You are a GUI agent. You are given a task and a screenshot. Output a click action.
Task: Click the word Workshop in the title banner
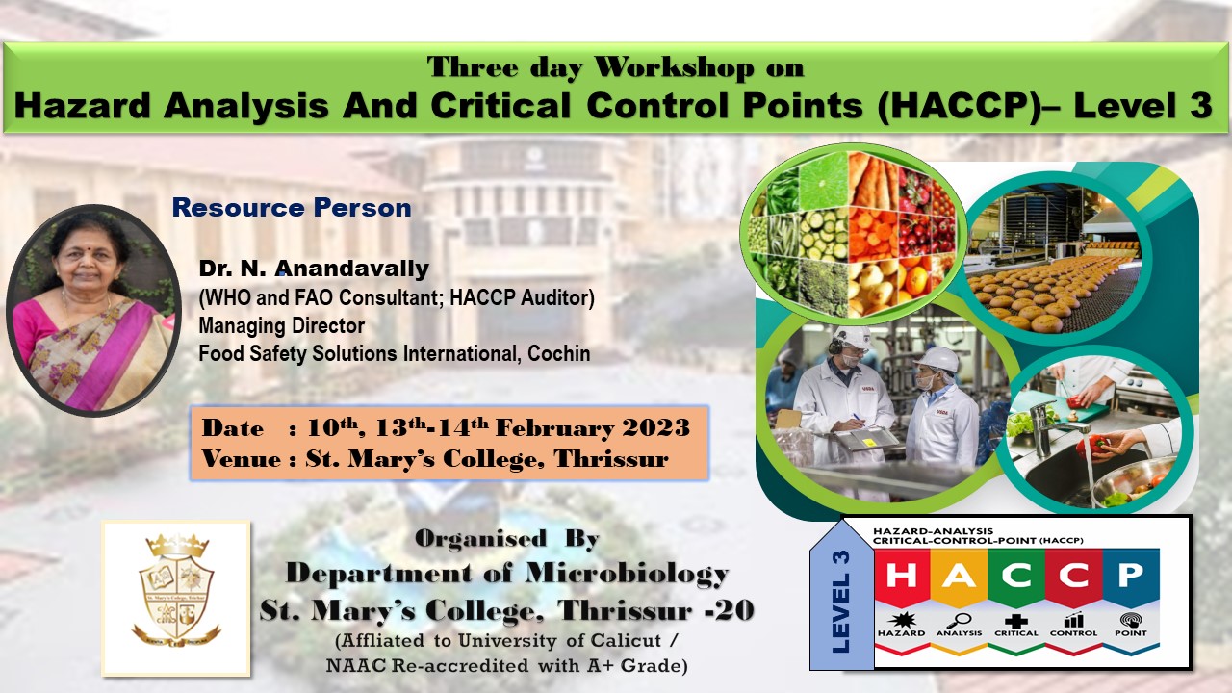tap(675, 68)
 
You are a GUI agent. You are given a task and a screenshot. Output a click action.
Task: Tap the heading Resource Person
tap(292, 208)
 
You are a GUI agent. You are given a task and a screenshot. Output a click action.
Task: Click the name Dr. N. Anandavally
tap(314, 269)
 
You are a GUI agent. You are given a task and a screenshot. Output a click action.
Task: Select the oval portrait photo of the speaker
tap(93, 310)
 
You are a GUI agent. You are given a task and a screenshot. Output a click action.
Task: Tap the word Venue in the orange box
tap(242, 458)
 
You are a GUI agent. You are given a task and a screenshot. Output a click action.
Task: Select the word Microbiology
tap(627, 573)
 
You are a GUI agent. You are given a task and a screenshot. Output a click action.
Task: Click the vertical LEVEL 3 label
tap(841, 602)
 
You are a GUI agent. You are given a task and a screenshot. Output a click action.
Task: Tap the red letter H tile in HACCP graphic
tap(902, 577)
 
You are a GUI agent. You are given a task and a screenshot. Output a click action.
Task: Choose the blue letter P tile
tap(1131, 577)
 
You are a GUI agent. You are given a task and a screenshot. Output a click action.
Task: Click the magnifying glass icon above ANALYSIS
tap(959, 621)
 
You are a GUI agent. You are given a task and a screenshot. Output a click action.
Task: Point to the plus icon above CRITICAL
tap(1015, 621)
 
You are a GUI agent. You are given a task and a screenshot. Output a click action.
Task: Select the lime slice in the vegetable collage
tap(823, 179)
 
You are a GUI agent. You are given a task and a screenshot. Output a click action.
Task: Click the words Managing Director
tap(281, 325)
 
